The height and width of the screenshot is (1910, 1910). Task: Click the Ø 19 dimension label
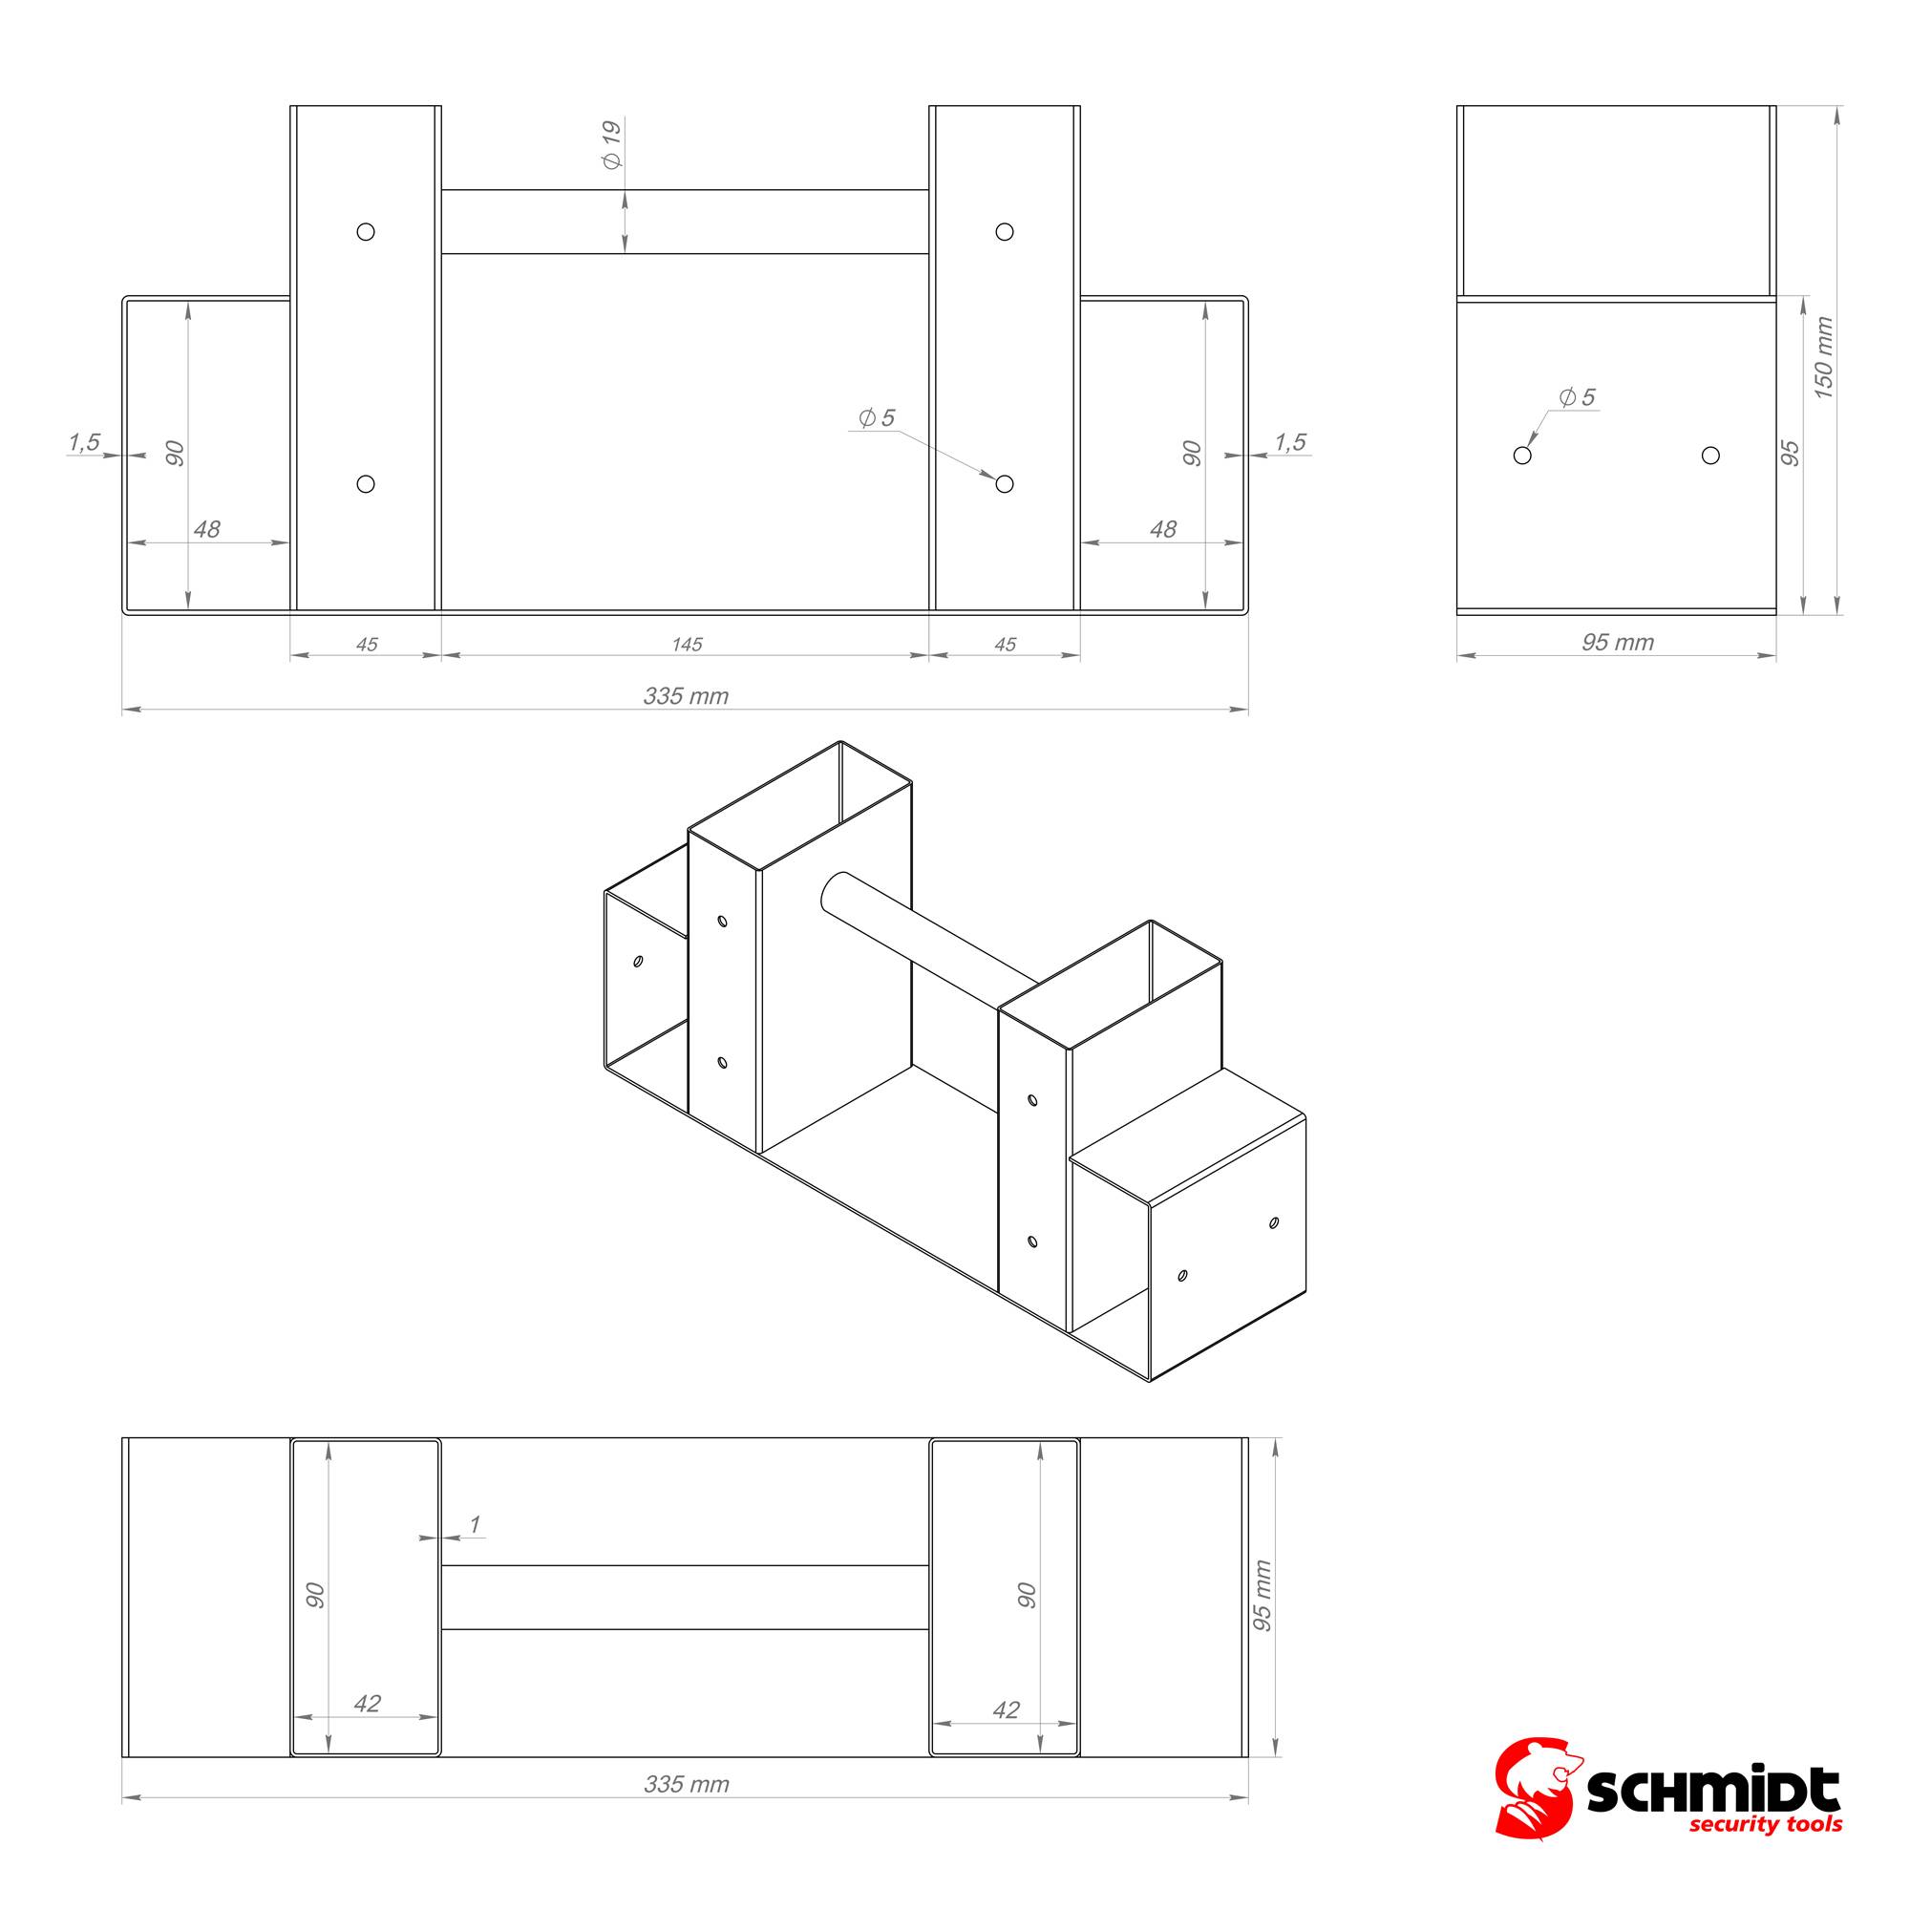click(612, 144)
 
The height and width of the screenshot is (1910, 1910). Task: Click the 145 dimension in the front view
click(686, 645)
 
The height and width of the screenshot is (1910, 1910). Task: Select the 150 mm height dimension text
click(1824, 358)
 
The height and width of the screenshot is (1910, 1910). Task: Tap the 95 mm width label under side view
click(1618, 643)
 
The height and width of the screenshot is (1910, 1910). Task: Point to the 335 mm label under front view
click(685, 696)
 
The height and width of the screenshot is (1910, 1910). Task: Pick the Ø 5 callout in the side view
click(1577, 396)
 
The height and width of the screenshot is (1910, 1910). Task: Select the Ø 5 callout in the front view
click(876, 417)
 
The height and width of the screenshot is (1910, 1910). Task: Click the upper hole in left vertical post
click(366, 232)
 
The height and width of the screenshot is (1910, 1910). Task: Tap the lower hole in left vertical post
click(366, 484)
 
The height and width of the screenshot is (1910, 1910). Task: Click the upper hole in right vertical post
click(1005, 232)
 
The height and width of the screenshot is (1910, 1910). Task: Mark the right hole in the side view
click(1710, 456)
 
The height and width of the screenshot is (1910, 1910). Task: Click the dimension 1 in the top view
click(475, 1524)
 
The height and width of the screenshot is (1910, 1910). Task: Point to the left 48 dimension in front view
click(206, 530)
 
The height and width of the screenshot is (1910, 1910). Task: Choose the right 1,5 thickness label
click(1290, 442)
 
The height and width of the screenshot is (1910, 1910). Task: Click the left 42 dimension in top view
click(367, 1704)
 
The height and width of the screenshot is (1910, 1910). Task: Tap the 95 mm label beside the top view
click(1263, 1595)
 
